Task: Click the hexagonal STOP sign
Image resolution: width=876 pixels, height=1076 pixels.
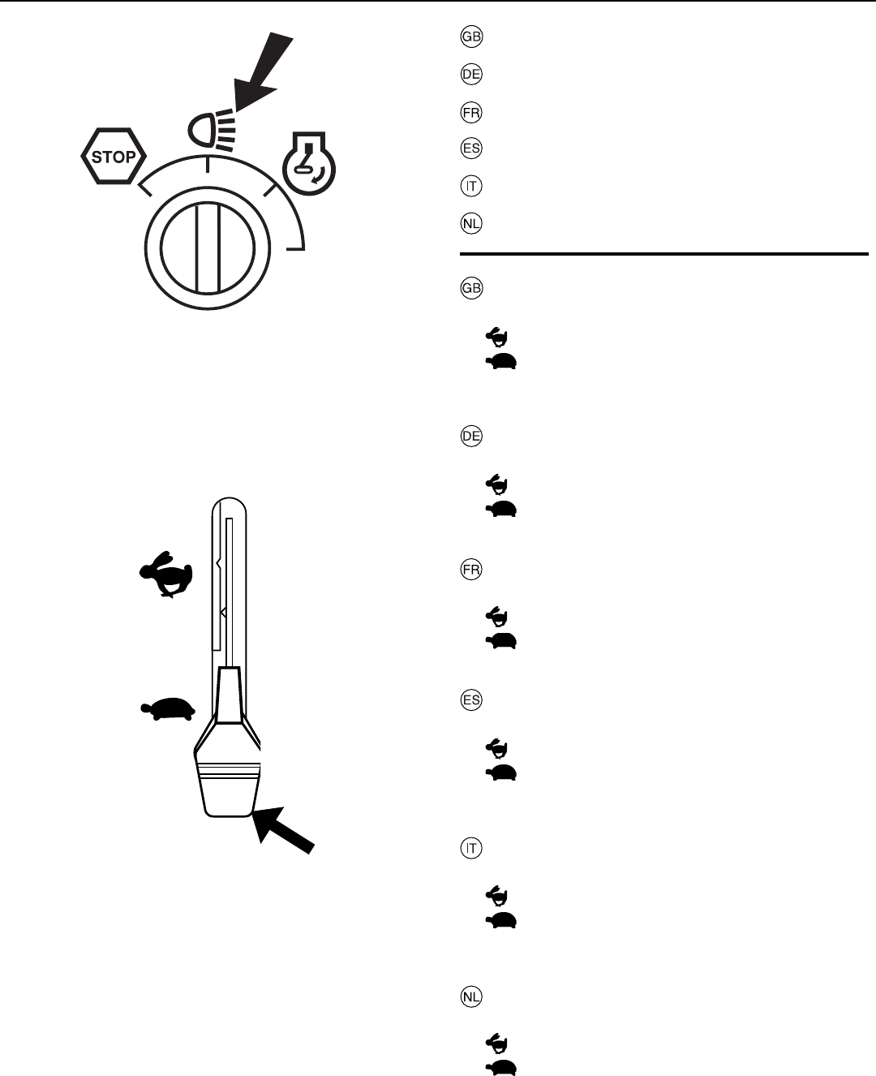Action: (x=113, y=156)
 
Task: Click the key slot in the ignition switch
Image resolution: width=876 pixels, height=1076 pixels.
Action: (x=208, y=248)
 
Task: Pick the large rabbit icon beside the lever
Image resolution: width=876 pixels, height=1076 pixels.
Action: (x=166, y=575)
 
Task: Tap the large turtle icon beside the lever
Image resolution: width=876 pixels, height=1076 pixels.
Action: (x=168, y=708)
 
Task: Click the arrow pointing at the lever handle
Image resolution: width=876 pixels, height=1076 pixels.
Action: (x=283, y=830)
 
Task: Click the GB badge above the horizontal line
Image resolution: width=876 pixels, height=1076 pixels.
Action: (x=471, y=37)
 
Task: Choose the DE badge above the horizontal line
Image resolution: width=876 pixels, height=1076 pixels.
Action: (x=471, y=75)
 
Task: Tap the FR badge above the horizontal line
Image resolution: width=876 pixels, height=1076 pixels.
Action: (x=471, y=112)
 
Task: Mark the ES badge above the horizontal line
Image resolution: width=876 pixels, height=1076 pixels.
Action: (x=471, y=148)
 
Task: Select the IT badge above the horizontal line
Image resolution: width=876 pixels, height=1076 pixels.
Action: (x=471, y=186)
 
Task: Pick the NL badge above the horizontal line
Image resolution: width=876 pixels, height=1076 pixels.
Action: (x=471, y=223)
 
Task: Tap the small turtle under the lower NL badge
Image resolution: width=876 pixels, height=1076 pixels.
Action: (x=502, y=1067)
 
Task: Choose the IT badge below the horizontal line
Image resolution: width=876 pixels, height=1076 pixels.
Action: (x=471, y=849)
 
